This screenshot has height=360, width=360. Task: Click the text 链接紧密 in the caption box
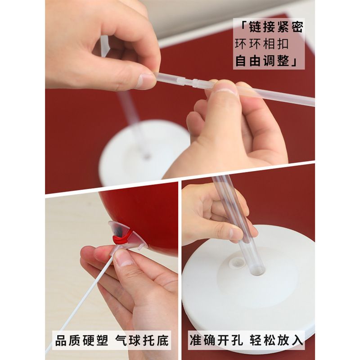coord(276,27)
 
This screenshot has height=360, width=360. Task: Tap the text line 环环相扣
coord(261,44)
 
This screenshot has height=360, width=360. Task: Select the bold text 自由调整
coord(262,61)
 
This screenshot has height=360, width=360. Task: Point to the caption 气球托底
coord(142,340)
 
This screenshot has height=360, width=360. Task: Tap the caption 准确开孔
coord(216,340)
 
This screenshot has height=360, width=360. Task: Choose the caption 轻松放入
coord(276,340)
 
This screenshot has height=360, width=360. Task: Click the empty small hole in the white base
coord(237,262)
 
